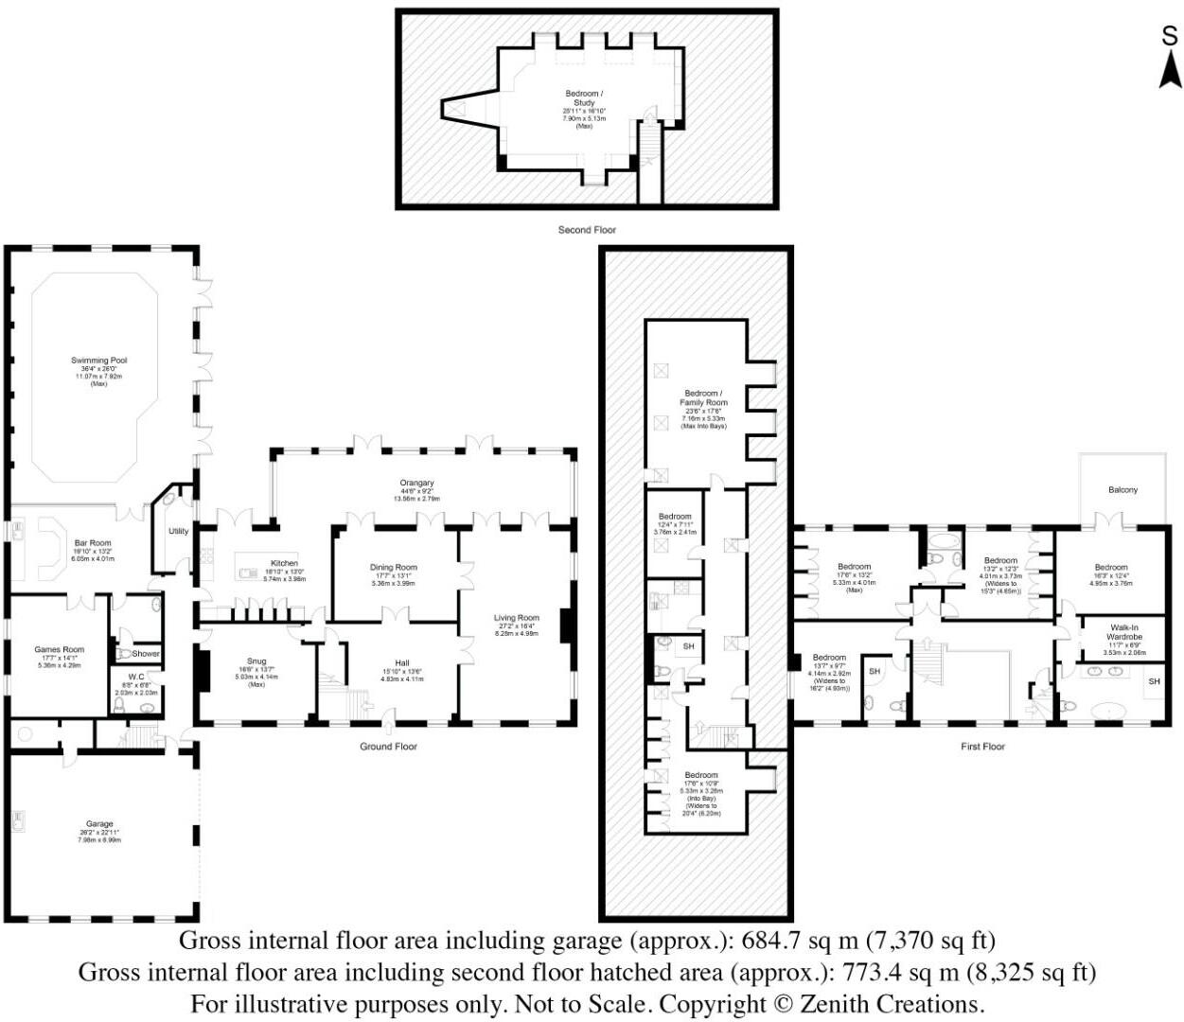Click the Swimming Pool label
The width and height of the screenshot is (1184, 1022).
[x=98, y=361]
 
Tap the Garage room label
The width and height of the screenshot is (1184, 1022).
[x=99, y=824]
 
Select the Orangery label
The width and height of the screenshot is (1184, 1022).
[x=416, y=484]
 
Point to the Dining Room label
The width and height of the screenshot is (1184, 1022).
[x=393, y=568]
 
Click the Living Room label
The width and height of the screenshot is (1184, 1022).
[x=516, y=618]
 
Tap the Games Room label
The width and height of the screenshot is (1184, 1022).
[x=60, y=650]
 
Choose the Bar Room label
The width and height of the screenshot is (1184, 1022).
[x=93, y=544]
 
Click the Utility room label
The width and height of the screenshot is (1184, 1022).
[x=178, y=532]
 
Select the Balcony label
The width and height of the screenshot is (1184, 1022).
[x=1122, y=490]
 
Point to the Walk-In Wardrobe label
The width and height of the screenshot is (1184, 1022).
[x=1124, y=632]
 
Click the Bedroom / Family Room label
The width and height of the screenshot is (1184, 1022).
[x=703, y=398]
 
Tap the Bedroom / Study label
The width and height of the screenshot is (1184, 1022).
[x=583, y=98]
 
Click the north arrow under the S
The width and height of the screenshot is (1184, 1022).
[x=1171, y=70]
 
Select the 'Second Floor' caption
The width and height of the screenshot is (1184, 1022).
[x=587, y=230]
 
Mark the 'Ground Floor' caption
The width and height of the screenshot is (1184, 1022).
[x=388, y=747]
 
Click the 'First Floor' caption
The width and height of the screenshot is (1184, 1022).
[x=982, y=747]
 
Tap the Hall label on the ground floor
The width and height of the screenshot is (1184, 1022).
[x=402, y=663]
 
